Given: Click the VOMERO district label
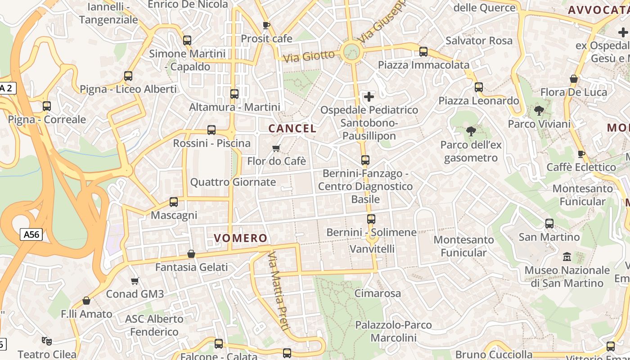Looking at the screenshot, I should point(240,238).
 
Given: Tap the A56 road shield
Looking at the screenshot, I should point(31,234).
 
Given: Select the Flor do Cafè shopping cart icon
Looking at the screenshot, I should point(276,148).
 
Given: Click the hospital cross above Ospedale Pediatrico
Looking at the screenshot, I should point(369,97).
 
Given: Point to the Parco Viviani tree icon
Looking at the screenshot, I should point(539,110).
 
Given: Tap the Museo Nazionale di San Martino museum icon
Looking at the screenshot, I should point(567,257).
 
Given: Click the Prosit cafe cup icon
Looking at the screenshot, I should point(266,25).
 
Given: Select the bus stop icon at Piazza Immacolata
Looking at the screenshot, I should point(423,52).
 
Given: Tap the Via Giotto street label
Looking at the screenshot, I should point(309,56).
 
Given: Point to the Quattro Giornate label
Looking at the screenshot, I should point(233,182).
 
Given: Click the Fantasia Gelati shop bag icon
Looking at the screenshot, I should point(191,254).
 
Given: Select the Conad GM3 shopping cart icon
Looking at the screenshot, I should point(135,281).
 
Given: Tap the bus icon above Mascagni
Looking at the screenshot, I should point(174,202).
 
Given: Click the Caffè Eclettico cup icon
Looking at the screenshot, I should point(581,154).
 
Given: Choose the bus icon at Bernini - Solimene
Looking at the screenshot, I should point(371,219).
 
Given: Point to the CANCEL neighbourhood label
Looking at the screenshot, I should point(292,128).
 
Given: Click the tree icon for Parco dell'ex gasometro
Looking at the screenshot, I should point(471,131).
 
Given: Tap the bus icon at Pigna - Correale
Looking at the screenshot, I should point(47,106).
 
